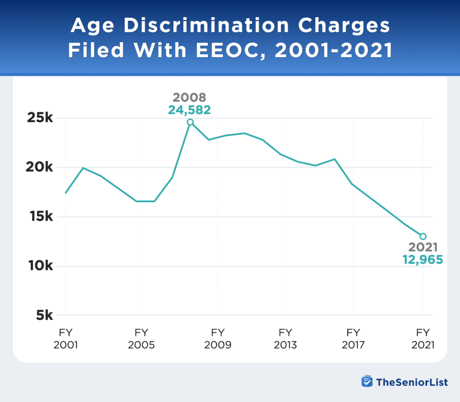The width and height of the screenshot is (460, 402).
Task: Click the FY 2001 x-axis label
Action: [66, 339]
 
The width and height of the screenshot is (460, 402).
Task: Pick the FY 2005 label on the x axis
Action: [142, 339]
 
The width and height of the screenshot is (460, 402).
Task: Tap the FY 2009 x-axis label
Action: [218, 339]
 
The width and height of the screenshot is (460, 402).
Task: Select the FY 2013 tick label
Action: [285, 339]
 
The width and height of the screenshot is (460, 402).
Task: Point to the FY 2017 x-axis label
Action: [353, 339]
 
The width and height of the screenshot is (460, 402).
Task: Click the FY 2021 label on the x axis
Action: [423, 339]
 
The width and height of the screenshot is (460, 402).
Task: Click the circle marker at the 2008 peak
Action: [190, 122]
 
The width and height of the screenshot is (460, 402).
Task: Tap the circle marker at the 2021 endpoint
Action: [423, 236]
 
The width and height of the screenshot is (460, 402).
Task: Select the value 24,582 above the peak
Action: [190, 110]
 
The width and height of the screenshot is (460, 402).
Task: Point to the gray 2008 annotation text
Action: [190, 97]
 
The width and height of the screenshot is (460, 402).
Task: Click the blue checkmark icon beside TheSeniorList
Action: [367, 381]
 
